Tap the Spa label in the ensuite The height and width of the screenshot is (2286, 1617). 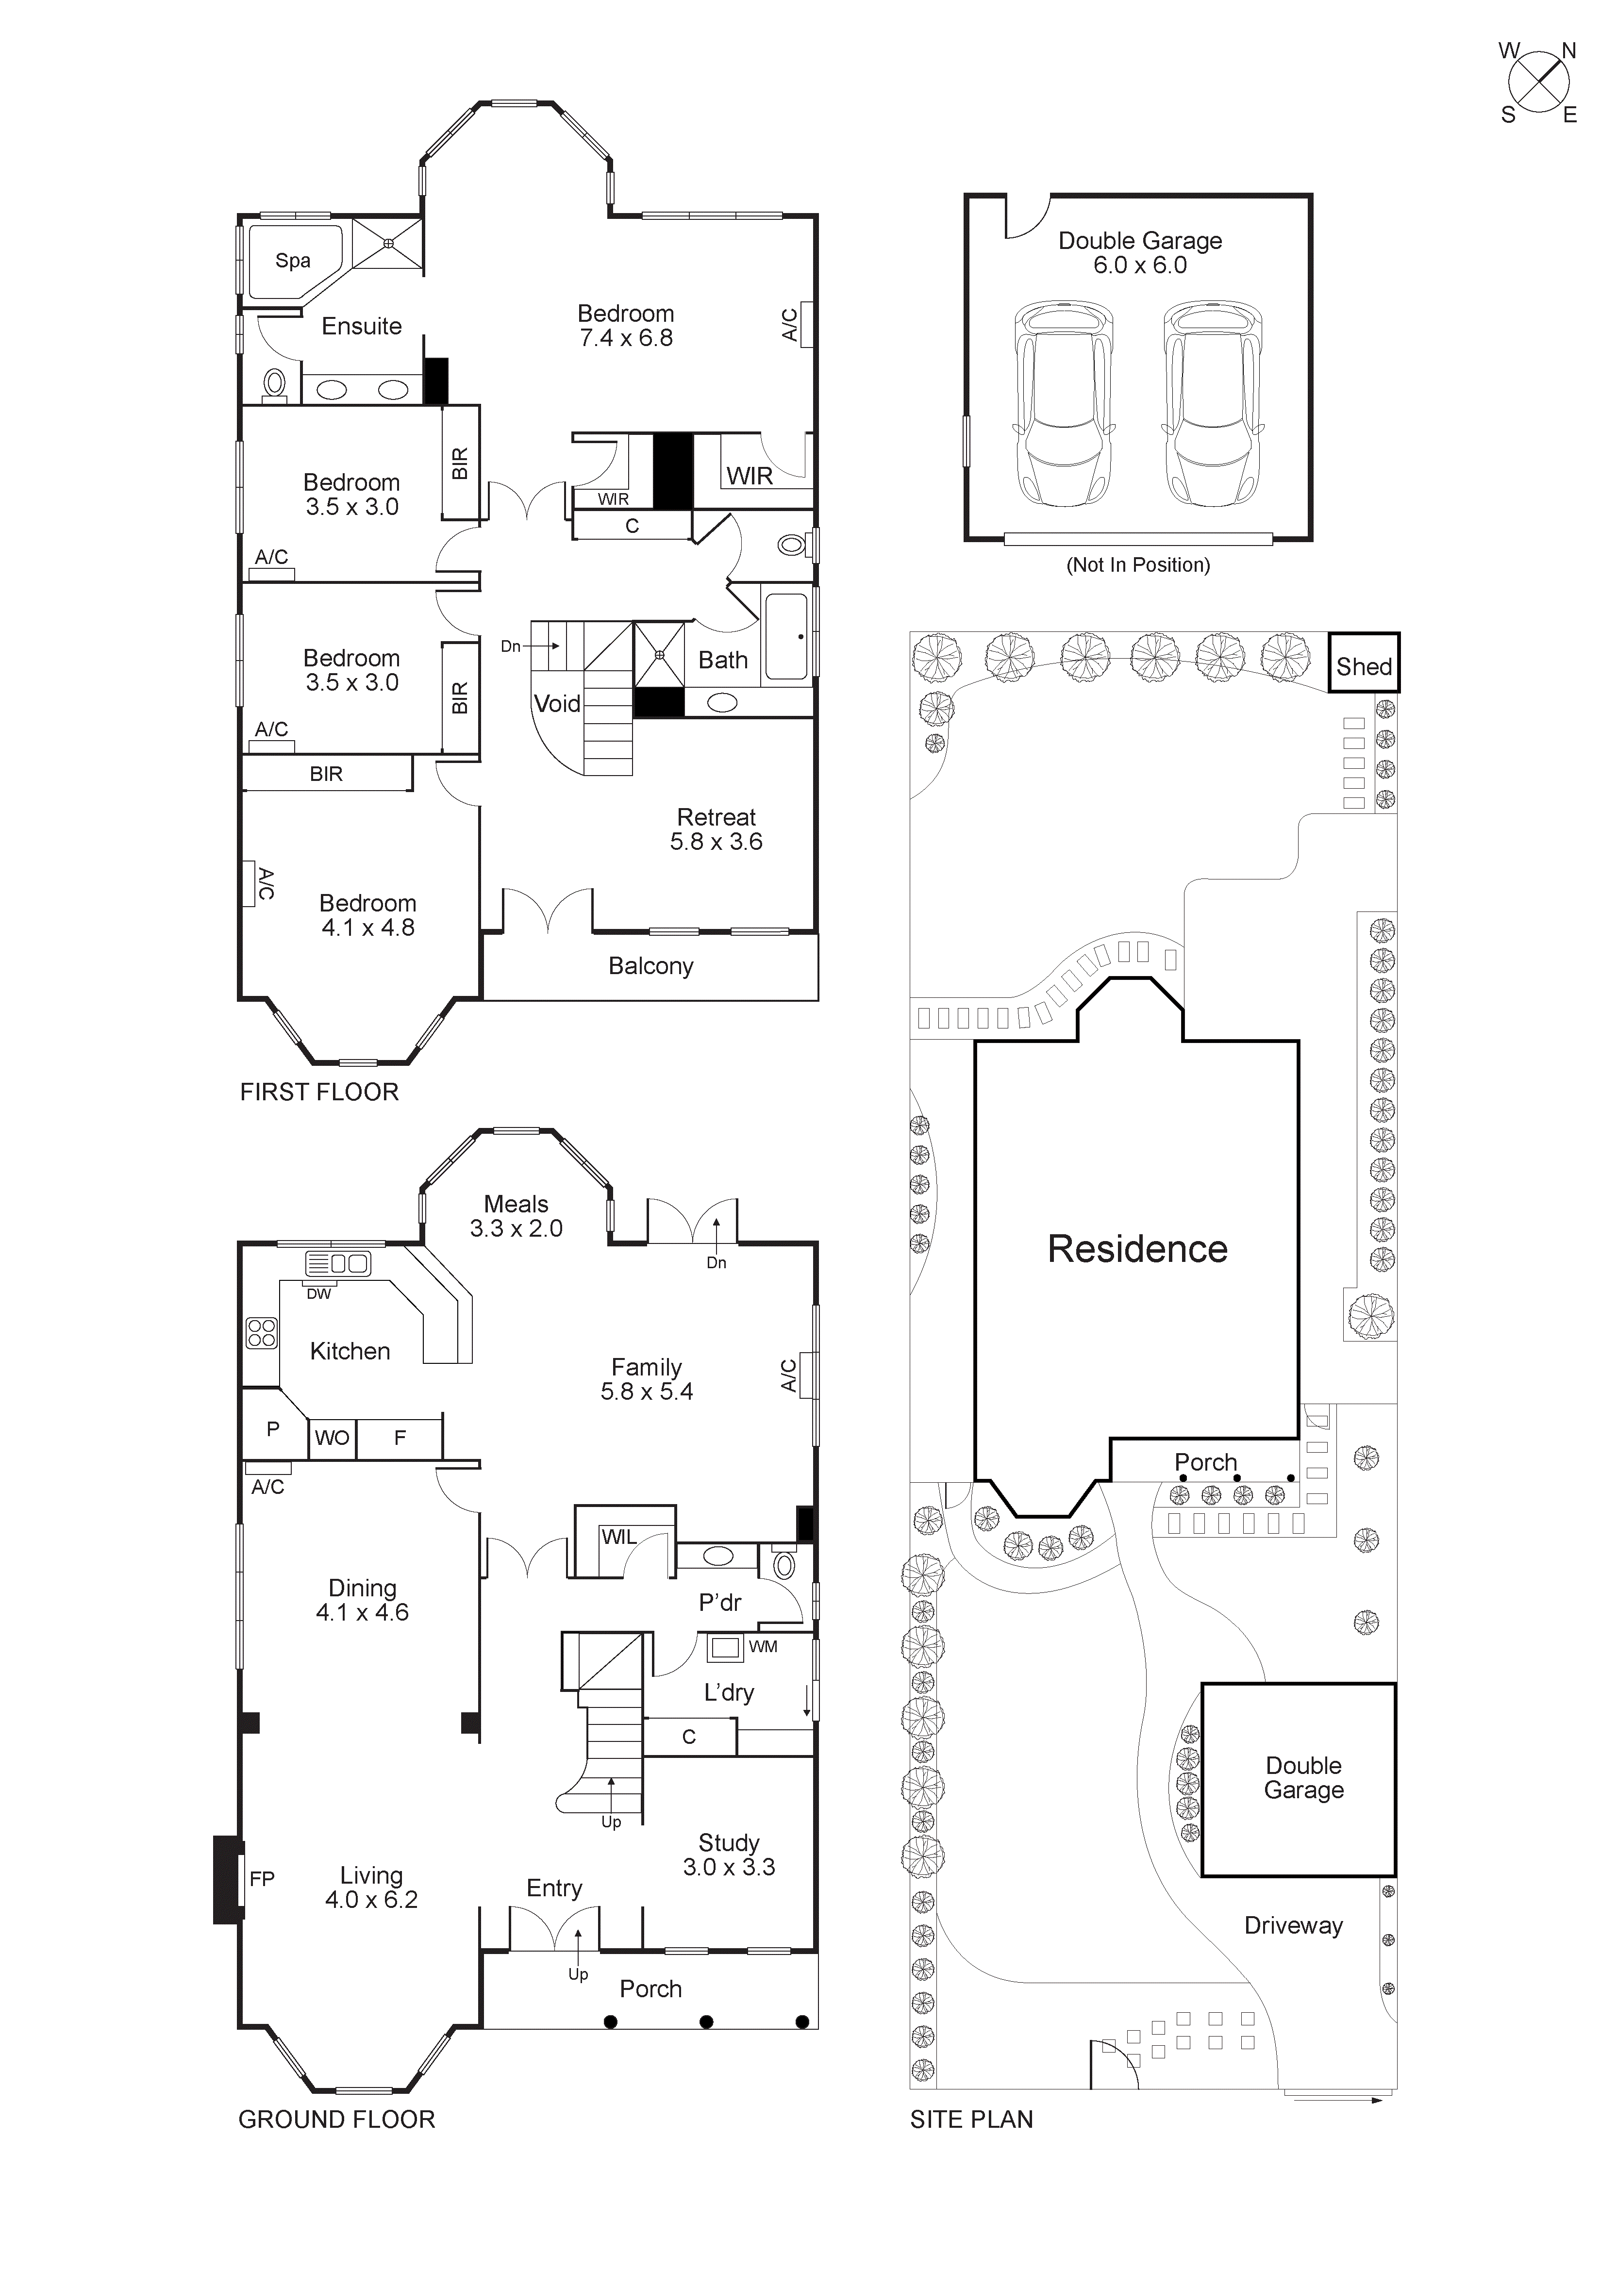click(x=293, y=261)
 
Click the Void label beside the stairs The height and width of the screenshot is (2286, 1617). click(x=557, y=704)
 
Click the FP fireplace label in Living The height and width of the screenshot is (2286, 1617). click(x=262, y=1879)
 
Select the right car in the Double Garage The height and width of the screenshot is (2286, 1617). click(x=1213, y=404)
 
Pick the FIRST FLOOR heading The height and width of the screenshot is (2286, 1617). click(x=318, y=1092)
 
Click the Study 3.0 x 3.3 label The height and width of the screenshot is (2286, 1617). click(x=729, y=1855)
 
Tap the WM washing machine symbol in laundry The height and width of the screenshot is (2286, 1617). click(x=726, y=1648)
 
